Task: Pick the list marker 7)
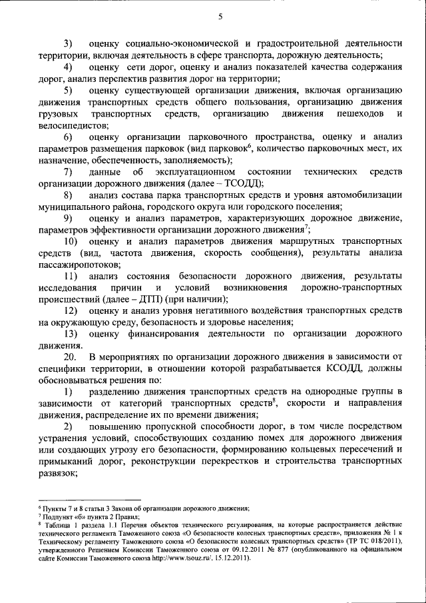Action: click(68, 172)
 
